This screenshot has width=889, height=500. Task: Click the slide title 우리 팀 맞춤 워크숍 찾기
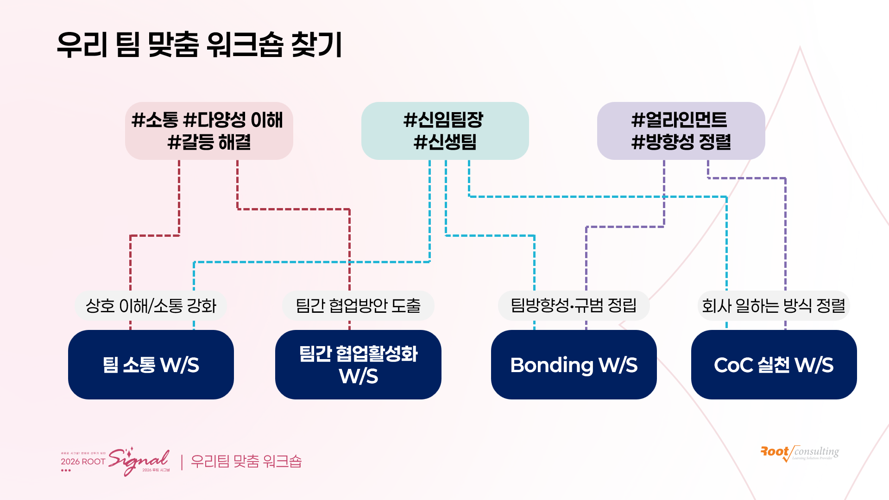199,45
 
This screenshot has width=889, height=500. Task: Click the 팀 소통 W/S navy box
151,365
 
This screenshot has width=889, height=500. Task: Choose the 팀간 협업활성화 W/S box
358,365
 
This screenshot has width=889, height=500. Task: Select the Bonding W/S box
574,365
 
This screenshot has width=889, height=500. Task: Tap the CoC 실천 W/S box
774,365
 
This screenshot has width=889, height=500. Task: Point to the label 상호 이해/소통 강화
151,306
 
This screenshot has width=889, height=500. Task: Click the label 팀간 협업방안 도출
358,306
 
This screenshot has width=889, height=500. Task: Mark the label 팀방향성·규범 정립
574,305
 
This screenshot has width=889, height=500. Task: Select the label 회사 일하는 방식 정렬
773,306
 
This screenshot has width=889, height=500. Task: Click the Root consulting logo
799,453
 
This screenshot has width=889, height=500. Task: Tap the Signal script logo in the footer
139,460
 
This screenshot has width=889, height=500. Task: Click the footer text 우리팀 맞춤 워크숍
246,462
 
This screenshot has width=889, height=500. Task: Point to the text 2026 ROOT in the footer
83,462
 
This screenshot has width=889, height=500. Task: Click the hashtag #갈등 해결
209,142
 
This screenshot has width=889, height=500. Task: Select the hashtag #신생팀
445,142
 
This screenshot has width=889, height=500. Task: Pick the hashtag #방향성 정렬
681,142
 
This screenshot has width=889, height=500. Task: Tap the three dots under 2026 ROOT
66,470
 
